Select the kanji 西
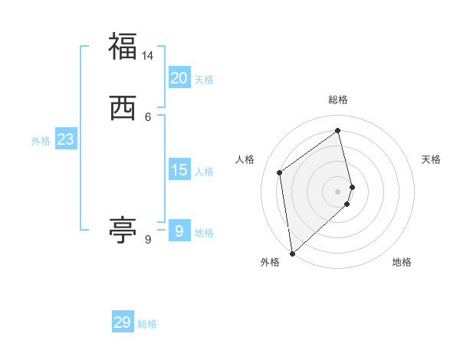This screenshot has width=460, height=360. [123, 108]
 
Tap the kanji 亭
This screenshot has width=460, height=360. [123, 230]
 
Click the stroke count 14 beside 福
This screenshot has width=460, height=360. [148, 56]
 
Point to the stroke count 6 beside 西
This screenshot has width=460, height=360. [148, 117]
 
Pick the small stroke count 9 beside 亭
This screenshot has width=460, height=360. [148, 240]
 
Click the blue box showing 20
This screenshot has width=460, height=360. [179, 77]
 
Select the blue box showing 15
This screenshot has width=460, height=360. [179, 170]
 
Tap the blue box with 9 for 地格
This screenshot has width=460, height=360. [179, 231]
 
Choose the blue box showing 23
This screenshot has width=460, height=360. [65, 139]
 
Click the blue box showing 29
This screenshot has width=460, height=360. [122, 322]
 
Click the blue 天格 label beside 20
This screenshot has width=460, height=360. [204, 80]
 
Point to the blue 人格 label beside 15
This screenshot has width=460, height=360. [204, 172]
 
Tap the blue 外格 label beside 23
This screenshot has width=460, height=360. [41, 141]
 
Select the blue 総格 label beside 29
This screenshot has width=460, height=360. [147, 324]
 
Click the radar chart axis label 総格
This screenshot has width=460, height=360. [338, 100]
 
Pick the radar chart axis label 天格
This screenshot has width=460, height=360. [431, 159]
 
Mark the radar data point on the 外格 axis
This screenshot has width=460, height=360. [291, 253]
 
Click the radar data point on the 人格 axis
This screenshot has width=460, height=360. [280, 172]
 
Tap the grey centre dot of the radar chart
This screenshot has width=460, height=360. [338, 191]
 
